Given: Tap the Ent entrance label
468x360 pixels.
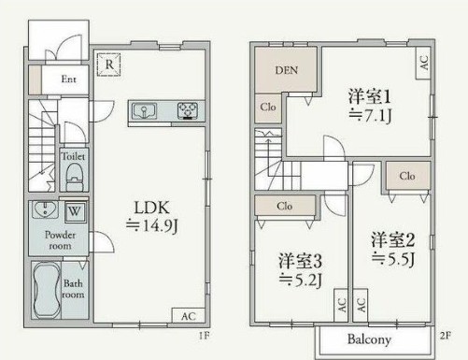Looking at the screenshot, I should click(68, 80).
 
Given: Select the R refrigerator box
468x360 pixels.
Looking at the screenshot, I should click(110, 64).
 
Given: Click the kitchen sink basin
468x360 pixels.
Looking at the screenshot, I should click(145, 112).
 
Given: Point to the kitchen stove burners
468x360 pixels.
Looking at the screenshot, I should click(188, 112).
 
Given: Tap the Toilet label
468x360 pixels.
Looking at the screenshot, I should click(74, 157).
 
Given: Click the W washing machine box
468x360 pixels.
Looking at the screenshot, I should click(73, 209).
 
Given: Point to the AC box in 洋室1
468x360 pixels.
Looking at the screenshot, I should click(423, 65).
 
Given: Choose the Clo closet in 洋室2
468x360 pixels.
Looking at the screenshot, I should click(407, 175).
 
